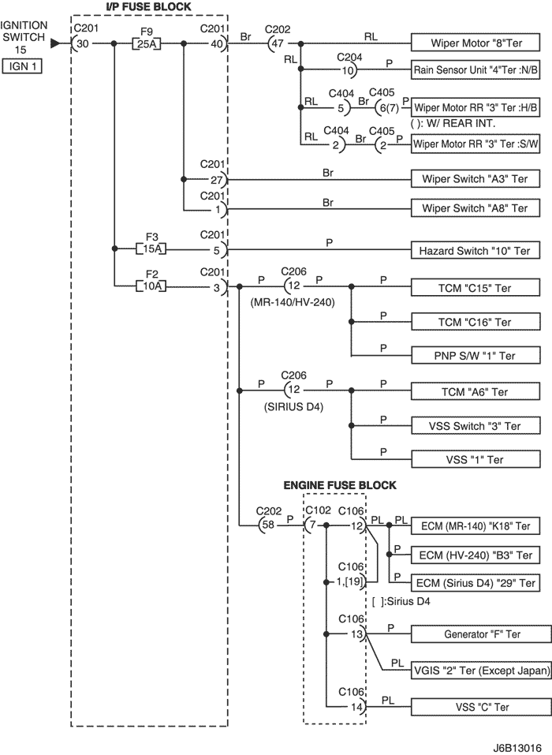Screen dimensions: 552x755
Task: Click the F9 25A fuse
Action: [147, 44]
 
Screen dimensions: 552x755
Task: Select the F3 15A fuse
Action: [151, 249]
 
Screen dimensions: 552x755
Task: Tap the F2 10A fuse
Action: [151, 286]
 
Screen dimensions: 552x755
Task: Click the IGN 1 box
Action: [22, 66]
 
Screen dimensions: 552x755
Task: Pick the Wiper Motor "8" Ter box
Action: [476, 43]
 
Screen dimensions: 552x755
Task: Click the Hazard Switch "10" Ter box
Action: [476, 251]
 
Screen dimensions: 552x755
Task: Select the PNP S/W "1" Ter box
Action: [476, 356]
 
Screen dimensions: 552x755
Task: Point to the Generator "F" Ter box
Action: [481, 634]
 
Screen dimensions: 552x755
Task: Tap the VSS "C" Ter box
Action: [481, 707]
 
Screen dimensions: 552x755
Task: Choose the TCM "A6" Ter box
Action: [476, 392]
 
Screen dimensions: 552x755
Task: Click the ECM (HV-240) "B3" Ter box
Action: [476, 555]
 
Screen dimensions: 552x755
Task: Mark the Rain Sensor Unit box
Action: [476, 69]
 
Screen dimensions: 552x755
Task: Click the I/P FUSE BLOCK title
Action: [148, 7]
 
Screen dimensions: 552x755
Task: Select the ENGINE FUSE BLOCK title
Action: [340, 485]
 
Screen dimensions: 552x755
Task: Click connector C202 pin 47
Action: [276, 43]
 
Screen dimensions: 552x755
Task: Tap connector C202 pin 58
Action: [267, 525]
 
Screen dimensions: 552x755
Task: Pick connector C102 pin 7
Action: [311, 525]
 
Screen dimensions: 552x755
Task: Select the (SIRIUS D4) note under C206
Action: [293, 407]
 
